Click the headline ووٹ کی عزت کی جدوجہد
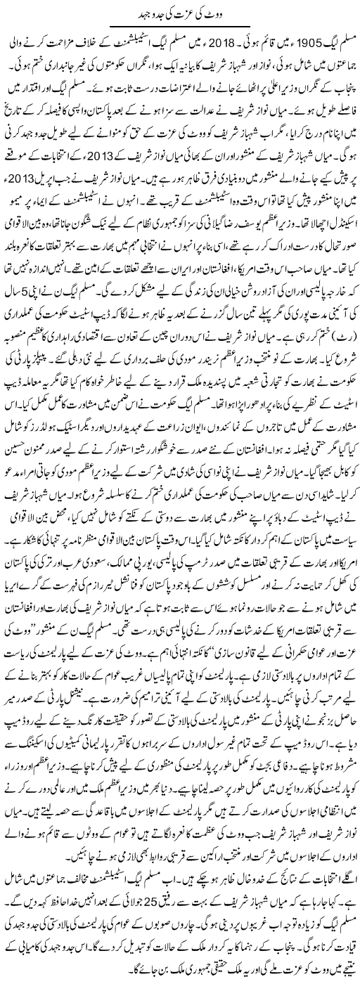tap(181, 11)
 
